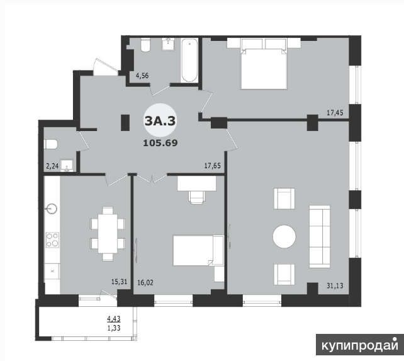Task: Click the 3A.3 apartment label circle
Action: click(160, 120)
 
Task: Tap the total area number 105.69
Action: click(160, 142)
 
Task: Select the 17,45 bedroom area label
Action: click(335, 113)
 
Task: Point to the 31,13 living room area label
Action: click(335, 285)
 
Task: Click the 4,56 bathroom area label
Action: click(142, 76)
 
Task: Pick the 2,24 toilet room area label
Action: click(52, 166)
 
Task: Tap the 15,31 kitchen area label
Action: click(120, 282)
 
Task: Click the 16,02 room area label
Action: click(145, 283)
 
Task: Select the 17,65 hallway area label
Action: click(213, 166)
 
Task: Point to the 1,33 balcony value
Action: click(114, 328)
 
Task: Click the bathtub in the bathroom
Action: click(189, 60)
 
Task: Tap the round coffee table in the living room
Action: click(284, 236)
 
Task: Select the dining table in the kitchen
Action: click(108, 234)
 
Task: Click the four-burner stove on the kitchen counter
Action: click(52, 240)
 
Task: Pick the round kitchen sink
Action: click(52, 209)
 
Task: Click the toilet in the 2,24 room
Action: click(50, 144)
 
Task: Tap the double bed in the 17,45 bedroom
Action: click(264, 64)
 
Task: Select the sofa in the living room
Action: click(320, 236)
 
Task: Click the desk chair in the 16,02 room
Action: click(198, 197)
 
